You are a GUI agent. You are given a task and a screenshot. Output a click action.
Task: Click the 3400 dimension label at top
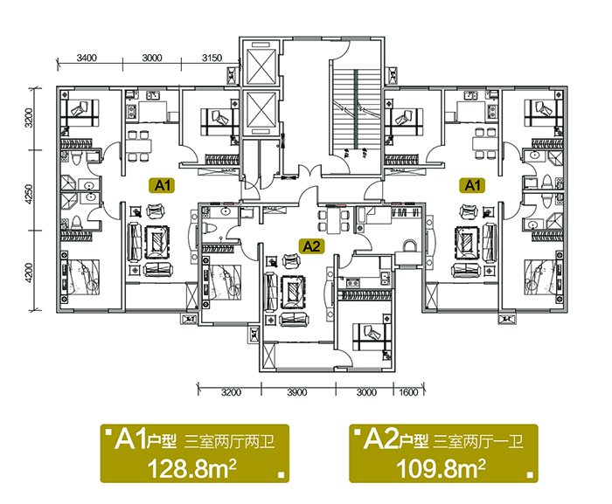tap(87, 59)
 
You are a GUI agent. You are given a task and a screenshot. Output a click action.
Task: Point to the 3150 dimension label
tap(212, 59)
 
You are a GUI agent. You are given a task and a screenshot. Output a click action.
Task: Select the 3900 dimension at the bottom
tap(297, 392)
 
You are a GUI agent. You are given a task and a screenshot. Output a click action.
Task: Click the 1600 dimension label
tap(408, 392)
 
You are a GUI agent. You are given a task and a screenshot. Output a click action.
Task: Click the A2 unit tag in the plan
tap(311, 246)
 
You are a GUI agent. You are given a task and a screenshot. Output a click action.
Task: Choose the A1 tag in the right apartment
tap(472, 186)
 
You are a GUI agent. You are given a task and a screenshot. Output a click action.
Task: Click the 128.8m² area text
tap(192, 468)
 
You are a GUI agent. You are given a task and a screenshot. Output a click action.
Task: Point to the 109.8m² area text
tap(441, 468)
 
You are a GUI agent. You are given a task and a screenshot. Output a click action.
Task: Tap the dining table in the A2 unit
tap(334, 221)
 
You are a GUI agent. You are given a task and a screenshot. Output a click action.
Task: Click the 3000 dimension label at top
tap(152, 59)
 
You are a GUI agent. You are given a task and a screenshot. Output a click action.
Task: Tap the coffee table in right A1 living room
tap(467, 242)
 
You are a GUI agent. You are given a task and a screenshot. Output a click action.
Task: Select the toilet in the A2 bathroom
tap(211, 228)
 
